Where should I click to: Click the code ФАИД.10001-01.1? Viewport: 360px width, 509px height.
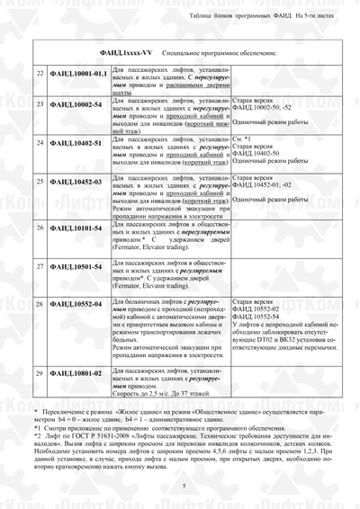pyautogui.click(x=82, y=73)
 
